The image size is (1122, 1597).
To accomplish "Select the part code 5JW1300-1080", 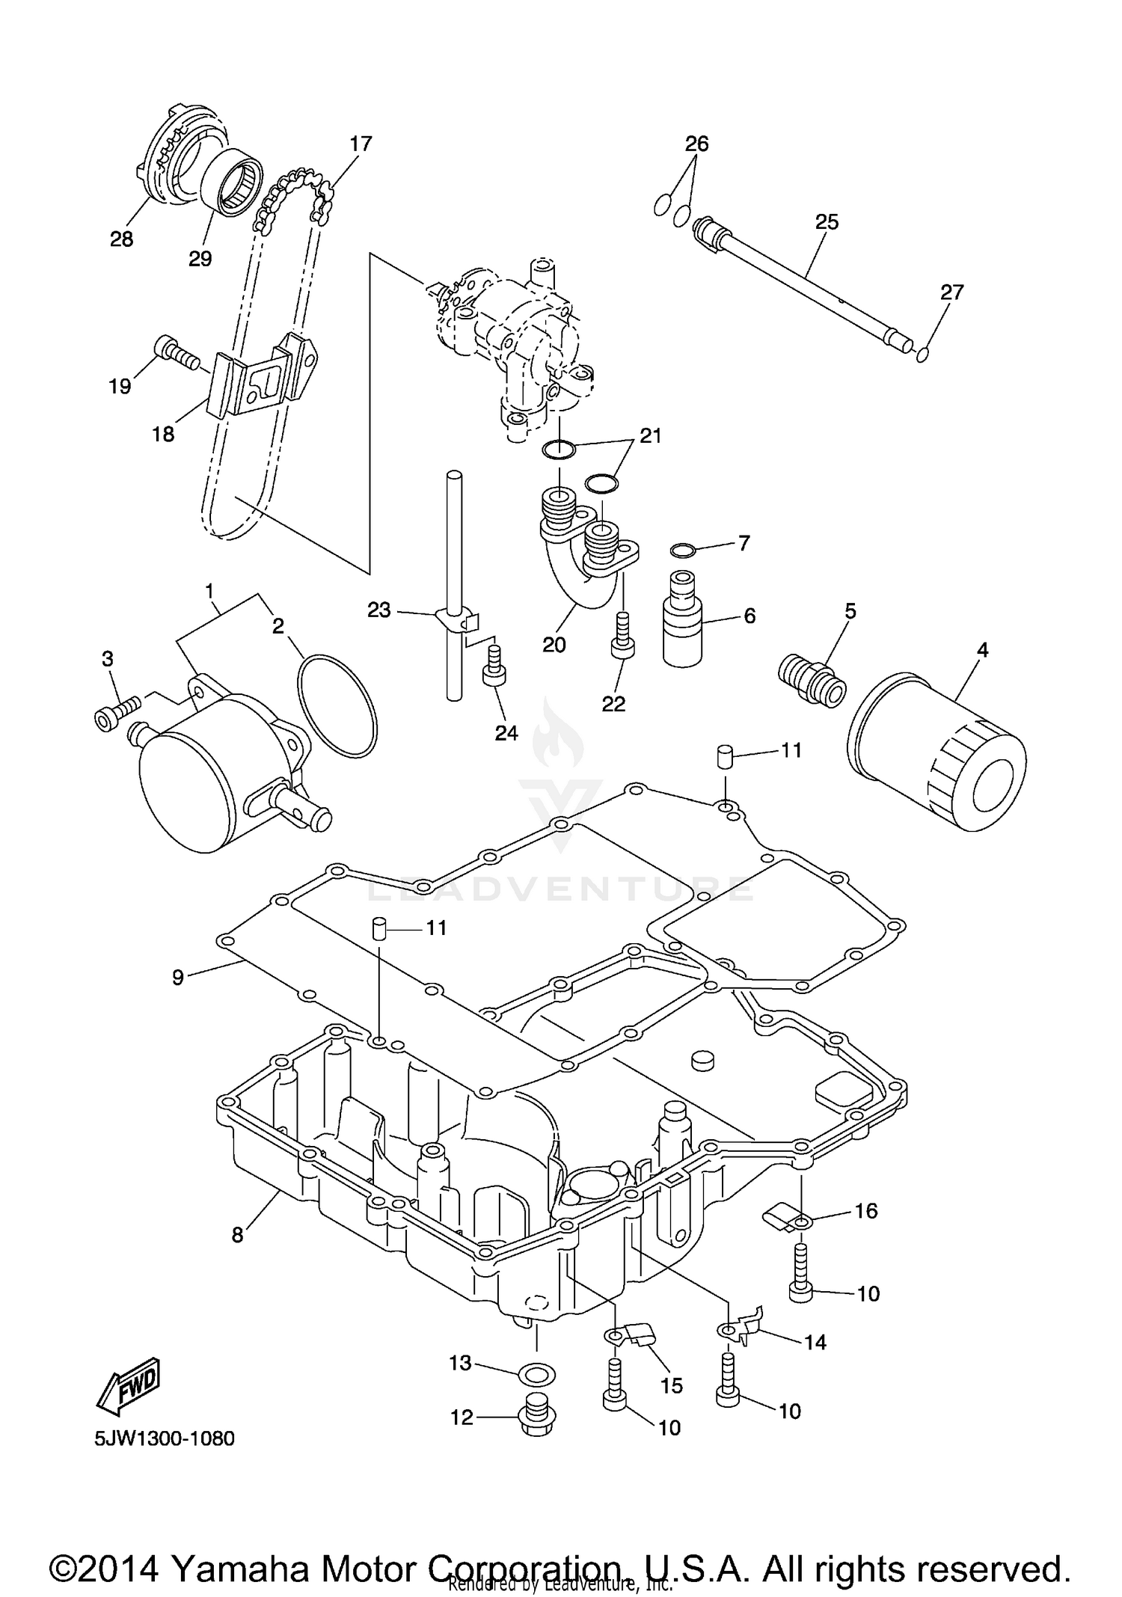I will pyautogui.click(x=165, y=1438).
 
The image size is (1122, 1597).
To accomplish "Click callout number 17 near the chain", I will pyautogui.click(x=361, y=144).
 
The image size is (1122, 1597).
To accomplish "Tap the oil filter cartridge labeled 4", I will pyautogui.click(x=935, y=750).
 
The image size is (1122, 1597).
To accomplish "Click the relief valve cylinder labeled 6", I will pyautogui.click(x=681, y=620).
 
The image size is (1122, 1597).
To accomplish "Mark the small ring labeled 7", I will pyautogui.click(x=682, y=551).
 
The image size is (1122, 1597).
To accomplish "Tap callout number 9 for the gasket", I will pyautogui.click(x=177, y=977).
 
